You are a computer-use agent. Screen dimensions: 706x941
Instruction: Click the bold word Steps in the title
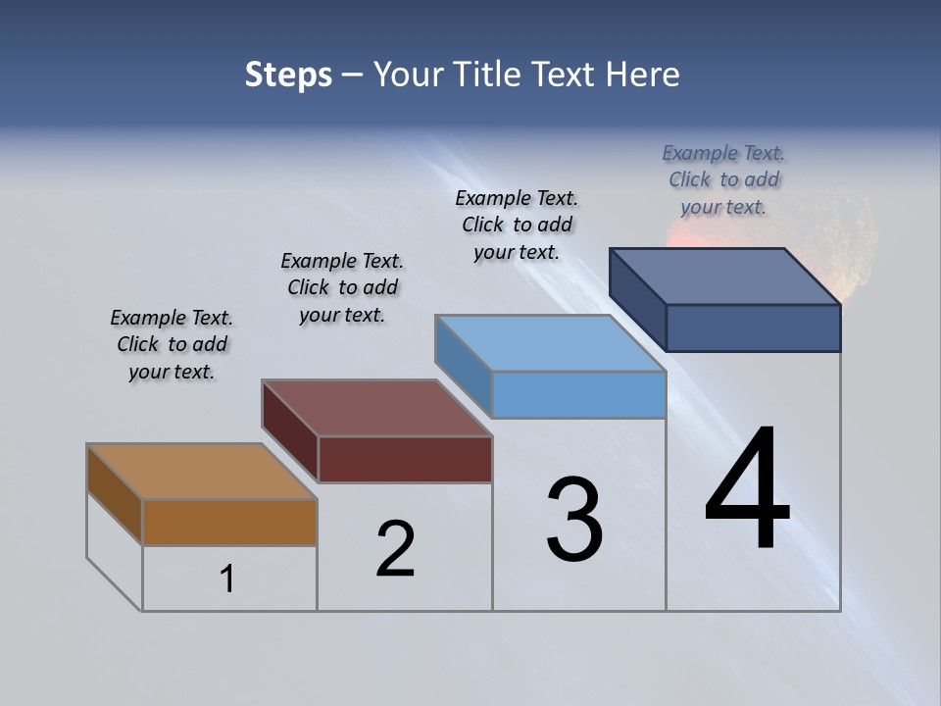pos(288,75)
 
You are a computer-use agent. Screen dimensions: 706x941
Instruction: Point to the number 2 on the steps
pos(395,549)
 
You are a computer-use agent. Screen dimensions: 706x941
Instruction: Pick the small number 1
pos(227,580)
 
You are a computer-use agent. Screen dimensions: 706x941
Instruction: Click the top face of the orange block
pos(201,472)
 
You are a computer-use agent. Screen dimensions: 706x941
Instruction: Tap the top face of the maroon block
pos(377,408)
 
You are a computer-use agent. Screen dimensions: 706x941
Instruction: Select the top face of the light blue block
pos(551,343)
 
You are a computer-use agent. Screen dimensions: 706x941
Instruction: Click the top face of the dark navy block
pos(725,277)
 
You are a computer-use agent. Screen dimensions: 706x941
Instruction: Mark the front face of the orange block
pos(229,522)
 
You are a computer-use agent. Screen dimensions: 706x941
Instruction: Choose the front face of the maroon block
pos(405,459)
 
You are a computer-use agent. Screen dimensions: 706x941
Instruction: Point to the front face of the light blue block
pos(578,394)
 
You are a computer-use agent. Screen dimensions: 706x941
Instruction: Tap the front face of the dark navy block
pos(753,328)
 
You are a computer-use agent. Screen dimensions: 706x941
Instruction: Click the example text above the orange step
pos(172,344)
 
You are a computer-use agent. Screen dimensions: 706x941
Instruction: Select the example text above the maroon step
pos(342,287)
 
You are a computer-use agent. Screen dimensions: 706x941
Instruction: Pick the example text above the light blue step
pos(517,225)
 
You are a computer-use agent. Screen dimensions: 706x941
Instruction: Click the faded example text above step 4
pos(723,179)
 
